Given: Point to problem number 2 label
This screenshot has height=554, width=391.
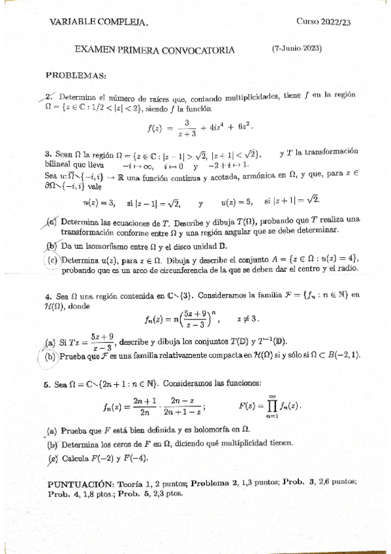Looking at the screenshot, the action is coord(48,95).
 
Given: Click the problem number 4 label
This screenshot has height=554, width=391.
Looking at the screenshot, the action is coord(48,296).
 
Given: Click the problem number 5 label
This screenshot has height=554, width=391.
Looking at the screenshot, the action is coord(48,385).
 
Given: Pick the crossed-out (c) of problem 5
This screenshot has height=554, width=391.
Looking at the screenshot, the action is coord(52,458).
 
